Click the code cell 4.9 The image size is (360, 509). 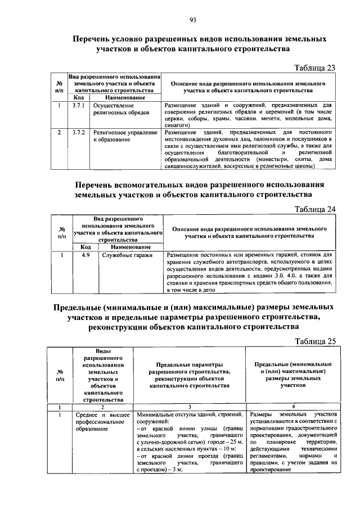tap(85, 255)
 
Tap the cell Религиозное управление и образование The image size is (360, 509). tap(125, 136)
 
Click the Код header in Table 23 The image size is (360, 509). tap(78, 97)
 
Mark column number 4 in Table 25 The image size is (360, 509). tap(293, 407)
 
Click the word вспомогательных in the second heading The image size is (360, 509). tap(161, 185)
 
